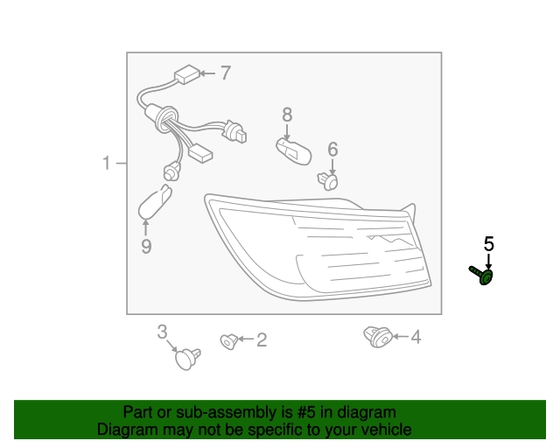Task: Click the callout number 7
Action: tap(226, 73)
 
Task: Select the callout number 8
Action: tap(287, 115)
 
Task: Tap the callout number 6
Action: tap(332, 150)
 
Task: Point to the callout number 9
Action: tap(146, 246)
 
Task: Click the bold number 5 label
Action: tap(489, 244)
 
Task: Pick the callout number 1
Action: tap(107, 163)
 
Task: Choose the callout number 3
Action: tap(162, 332)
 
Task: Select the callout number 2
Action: tap(262, 339)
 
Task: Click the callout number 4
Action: tap(416, 337)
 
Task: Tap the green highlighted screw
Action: tap(482, 275)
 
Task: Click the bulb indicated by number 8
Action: tap(294, 151)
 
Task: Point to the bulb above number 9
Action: tap(155, 201)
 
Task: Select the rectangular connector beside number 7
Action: tap(186, 74)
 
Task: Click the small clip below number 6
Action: tap(328, 180)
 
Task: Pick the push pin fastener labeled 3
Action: tap(187, 359)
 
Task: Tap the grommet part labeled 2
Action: tap(229, 341)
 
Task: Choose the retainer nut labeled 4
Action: tap(378, 337)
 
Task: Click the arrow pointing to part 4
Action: tap(401, 337)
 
